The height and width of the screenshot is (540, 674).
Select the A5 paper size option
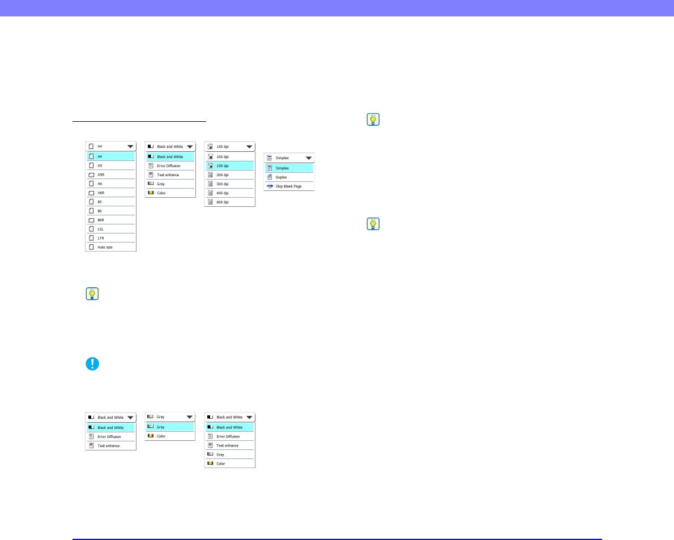click(100, 165)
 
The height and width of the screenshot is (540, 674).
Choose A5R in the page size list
click(101, 175)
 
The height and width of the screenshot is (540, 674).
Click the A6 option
click(100, 184)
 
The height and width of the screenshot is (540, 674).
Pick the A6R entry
click(101, 193)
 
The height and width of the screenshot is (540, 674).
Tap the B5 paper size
click(100, 202)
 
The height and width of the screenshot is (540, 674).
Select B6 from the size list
click(100, 211)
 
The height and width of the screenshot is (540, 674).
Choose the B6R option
click(101, 220)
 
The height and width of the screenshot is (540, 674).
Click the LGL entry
click(101, 229)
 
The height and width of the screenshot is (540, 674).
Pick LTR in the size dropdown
click(101, 238)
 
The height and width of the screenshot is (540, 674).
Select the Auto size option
click(105, 247)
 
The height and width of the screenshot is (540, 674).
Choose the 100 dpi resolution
click(222, 156)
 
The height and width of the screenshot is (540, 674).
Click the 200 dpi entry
click(222, 175)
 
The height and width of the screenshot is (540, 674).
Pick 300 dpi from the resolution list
click(222, 184)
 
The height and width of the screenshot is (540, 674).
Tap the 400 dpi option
click(222, 193)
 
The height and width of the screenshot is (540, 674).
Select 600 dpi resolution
click(222, 202)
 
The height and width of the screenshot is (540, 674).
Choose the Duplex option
click(281, 177)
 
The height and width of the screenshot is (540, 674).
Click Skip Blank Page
click(288, 186)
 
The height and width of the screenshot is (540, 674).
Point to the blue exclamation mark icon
click(92, 364)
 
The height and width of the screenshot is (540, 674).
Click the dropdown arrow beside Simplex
click(309, 158)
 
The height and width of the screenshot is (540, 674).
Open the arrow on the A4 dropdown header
click(130, 146)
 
